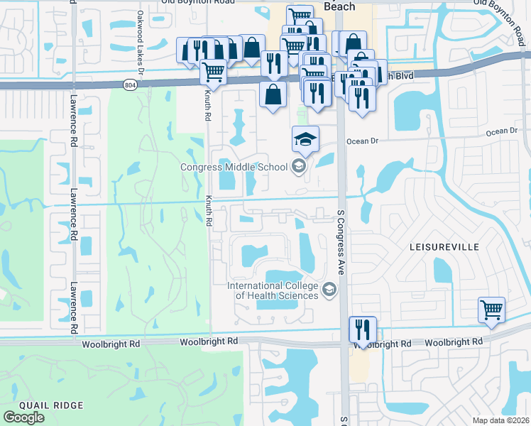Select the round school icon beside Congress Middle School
[299, 167]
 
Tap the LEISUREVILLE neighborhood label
[444, 247]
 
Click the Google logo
[23, 417]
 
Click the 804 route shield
[129, 84]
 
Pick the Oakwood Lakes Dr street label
[141, 43]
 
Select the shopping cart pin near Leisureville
[491, 310]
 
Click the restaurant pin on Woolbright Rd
[363, 329]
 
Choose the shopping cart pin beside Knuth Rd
[213, 70]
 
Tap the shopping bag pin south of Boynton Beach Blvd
[273, 94]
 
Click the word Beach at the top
[339, 6]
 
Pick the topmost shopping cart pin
[300, 16]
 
